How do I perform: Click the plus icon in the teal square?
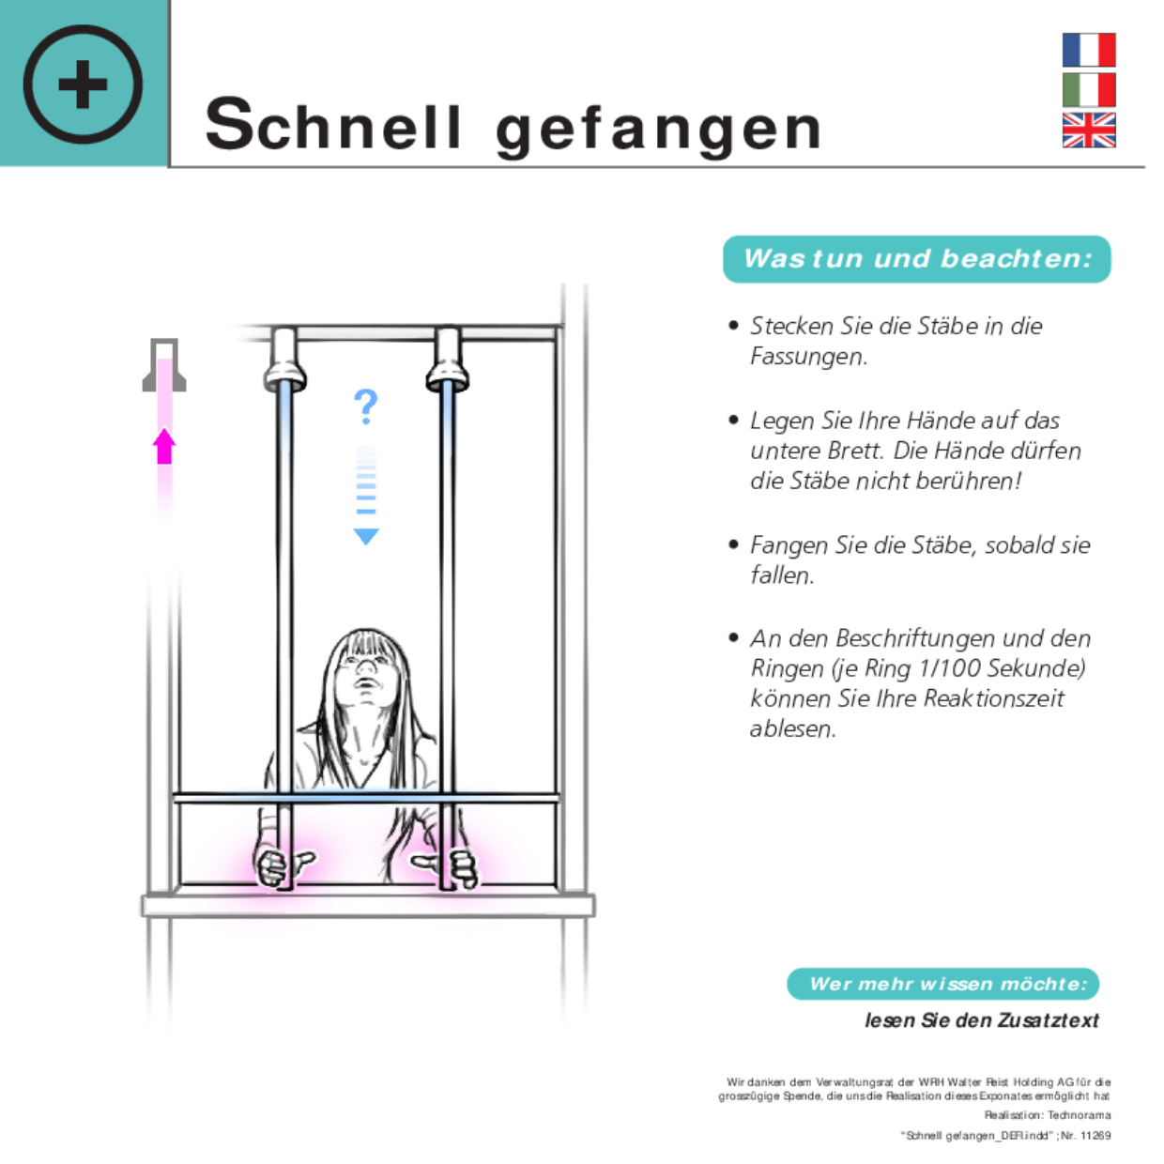pos(83,84)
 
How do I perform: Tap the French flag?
pos(1089,50)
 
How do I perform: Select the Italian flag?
pos(1089,90)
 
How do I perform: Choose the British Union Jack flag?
pos(1089,130)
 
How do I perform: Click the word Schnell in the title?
pos(333,124)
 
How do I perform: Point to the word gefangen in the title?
pos(658,128)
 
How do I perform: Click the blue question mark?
pos(365,406)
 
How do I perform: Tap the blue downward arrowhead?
pos(366,536)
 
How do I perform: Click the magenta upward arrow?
pos(164,446)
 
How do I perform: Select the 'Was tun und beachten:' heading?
pos(917,259)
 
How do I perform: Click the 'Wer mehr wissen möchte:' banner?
pos(942,984)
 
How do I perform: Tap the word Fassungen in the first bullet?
pos(808,357)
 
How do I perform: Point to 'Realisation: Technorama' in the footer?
pos(1048,1115)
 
